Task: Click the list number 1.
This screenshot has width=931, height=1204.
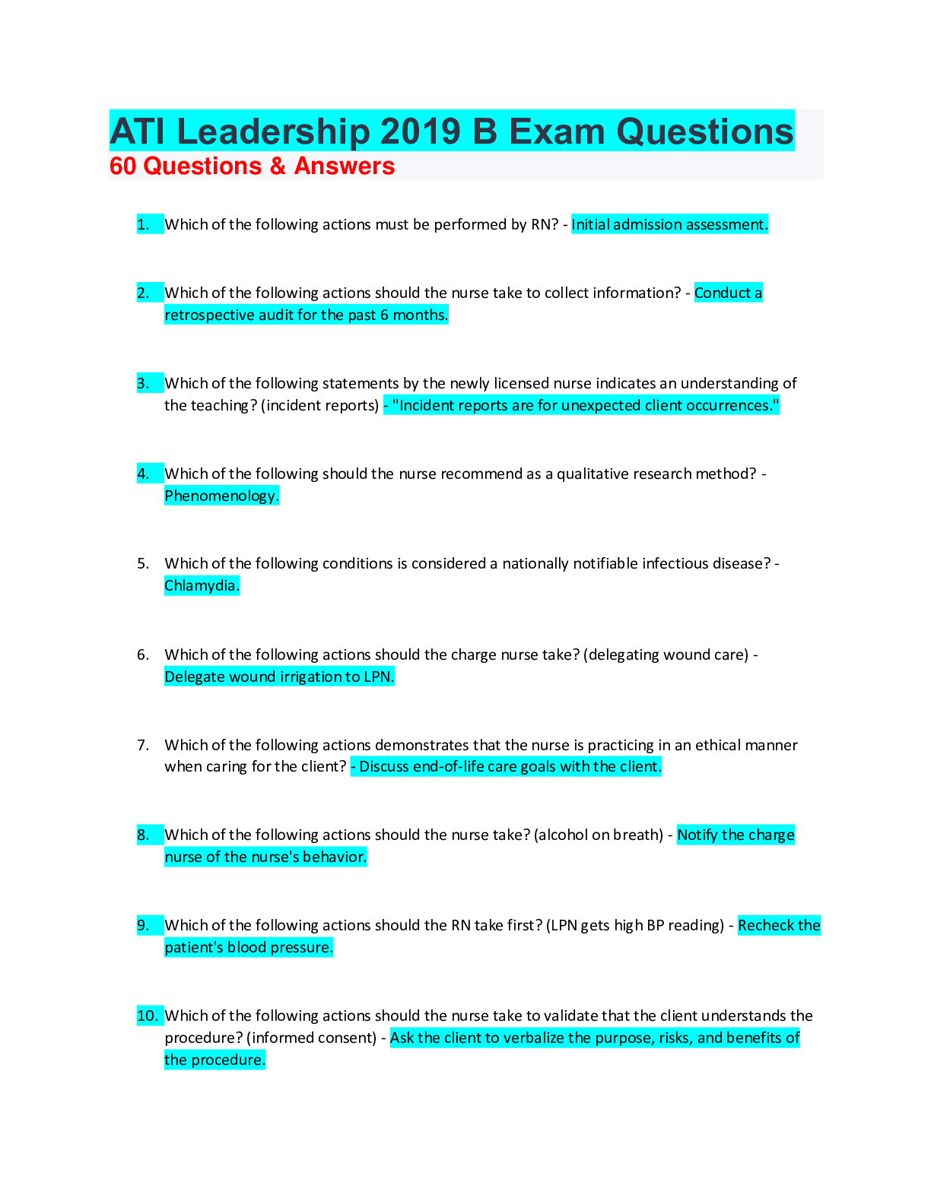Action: click(x=143, y=224)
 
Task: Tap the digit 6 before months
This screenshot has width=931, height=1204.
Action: click(x=385, y=315)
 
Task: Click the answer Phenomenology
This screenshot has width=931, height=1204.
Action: click(x=221, y=496)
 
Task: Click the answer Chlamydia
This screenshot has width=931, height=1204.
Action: click(x=202, y=585)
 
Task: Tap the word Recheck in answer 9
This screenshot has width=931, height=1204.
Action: click(x=766, y=925)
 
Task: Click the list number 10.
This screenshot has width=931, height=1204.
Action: click(x=148, y=1015)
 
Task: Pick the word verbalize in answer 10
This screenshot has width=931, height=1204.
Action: click(x=530, y=1038)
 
